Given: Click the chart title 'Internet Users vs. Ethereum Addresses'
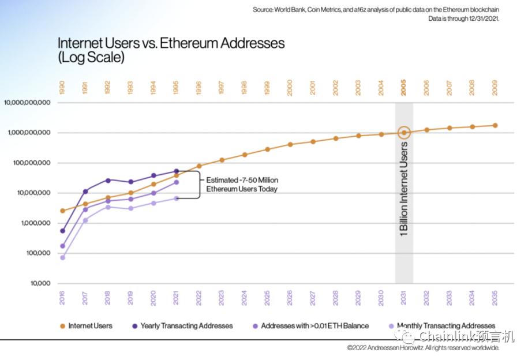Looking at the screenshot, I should [x=171, y=43].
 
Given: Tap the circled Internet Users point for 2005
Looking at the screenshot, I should [x=404, y=133].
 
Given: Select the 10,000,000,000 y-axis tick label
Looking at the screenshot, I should [x=28, y=103].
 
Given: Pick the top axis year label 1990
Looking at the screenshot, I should [x=62, y=88].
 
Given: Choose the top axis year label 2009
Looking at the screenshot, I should [x=494, y=88].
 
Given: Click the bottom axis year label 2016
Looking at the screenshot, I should [x=62, y=298].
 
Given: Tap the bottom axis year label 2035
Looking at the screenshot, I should [x=494, y=298].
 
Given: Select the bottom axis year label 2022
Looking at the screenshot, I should [x=199, y=298].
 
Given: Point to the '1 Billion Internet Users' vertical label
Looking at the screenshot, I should [x=404, y=187].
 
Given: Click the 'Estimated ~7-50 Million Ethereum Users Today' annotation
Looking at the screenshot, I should [x=242, y=184].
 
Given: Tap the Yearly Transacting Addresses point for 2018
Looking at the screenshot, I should [x=108, y=180].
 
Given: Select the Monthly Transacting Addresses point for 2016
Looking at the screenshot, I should [x=62, y=257].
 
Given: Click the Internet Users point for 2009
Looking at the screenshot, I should [x=494, y=125].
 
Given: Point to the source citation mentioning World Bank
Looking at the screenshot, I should [x=376, y=10].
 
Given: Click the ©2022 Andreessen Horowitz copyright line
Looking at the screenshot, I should [x=423, y=348].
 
